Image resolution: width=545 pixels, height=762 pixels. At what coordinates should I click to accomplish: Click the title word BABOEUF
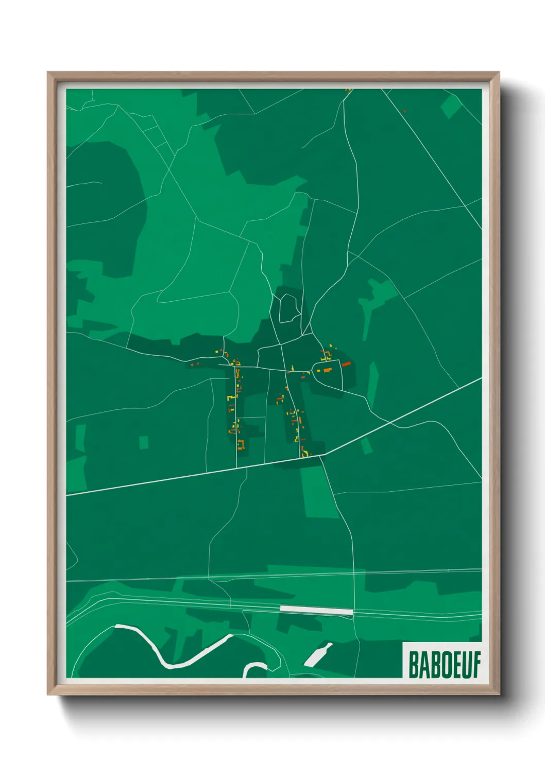444,664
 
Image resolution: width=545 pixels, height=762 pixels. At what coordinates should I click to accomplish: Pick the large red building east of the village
346,364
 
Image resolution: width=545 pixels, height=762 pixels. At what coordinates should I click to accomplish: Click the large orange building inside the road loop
327,370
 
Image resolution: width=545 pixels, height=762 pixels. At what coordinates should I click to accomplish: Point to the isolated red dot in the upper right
404,111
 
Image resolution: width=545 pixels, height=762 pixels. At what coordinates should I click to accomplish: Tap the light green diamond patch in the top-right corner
450,107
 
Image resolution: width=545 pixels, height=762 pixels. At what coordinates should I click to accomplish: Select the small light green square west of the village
144,442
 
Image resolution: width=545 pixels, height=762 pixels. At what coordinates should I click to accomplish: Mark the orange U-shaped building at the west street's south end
241,444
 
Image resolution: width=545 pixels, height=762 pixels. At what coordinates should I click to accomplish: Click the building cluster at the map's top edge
348,91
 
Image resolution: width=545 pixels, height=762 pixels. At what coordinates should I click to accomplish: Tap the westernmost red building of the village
192,364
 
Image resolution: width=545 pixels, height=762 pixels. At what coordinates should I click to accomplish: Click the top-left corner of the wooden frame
48,73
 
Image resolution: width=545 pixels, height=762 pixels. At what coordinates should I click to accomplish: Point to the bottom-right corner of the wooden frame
499,695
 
